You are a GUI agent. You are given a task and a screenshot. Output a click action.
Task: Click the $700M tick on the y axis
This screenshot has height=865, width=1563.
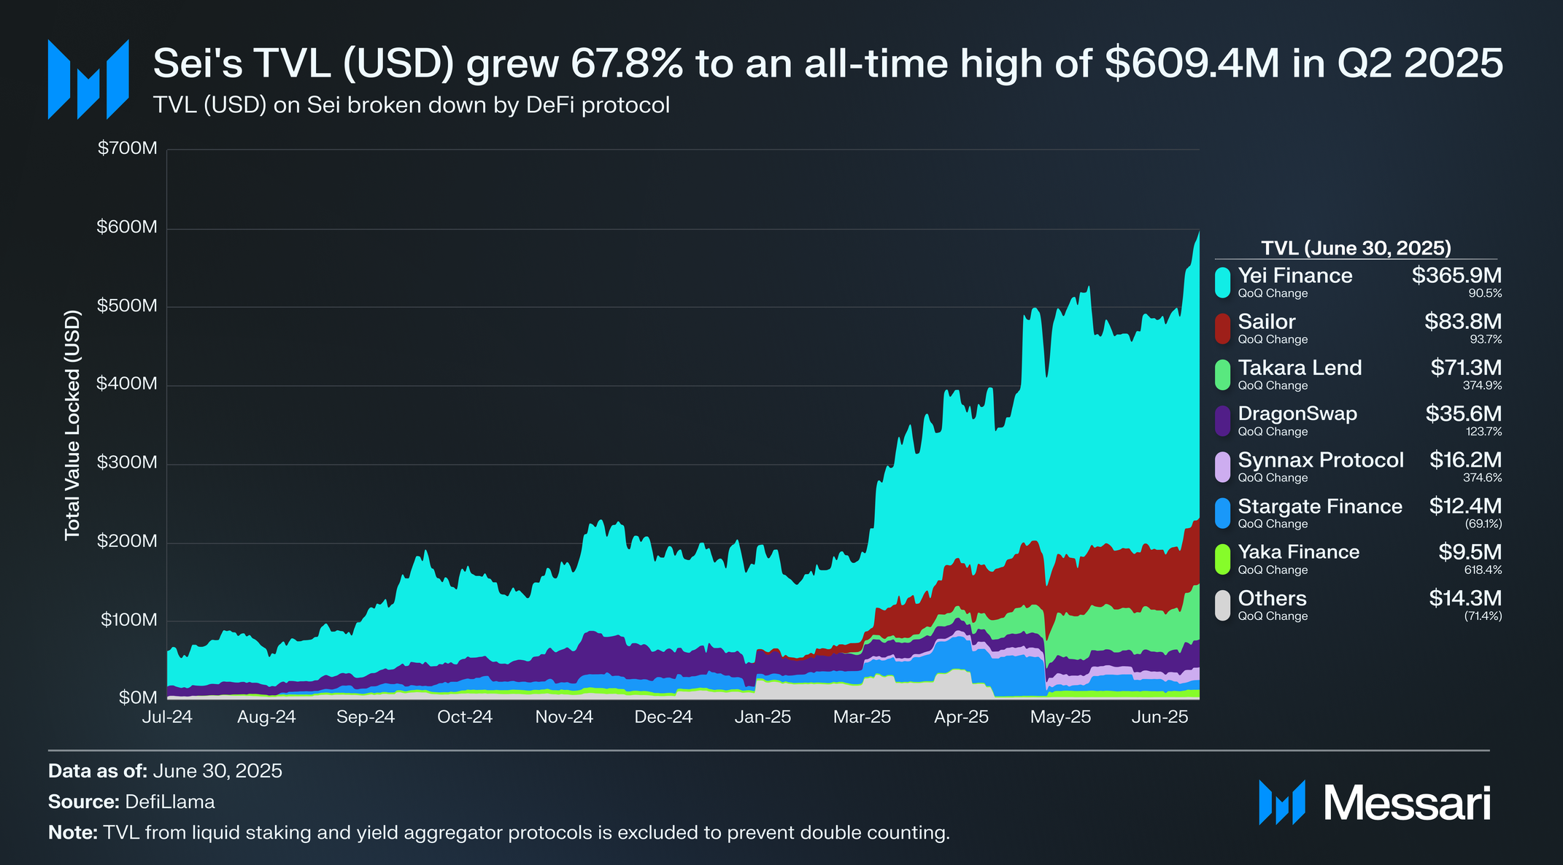(x=127, y=149)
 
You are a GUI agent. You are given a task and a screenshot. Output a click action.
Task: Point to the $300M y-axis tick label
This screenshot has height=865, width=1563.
(x=127, y=462)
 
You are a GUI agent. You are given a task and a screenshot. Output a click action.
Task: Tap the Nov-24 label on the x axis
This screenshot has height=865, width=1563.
(x=564, y=717)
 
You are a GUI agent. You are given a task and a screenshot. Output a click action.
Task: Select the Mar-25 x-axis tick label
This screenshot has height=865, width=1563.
(x=862, y=717)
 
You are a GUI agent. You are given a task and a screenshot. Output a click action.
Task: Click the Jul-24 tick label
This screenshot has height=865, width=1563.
(x=167, y=717)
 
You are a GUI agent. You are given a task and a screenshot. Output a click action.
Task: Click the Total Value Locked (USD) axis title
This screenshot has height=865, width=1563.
(x=72, y=425)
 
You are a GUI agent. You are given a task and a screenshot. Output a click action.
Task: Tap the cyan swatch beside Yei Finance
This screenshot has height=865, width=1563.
(x=1222, y=282)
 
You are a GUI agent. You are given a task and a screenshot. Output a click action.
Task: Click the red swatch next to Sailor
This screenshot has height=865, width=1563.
(x=1222, y=328)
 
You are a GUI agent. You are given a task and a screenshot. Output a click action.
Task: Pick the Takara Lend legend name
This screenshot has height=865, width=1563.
(x=1300, y=368)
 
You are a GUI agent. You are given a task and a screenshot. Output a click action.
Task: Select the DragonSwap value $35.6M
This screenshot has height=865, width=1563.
(x=1463, y=414)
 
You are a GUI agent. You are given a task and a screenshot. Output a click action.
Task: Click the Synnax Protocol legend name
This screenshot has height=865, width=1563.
(x=1321, y=460)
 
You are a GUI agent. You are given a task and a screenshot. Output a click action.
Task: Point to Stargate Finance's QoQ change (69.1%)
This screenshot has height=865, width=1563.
(x=1483, y=524)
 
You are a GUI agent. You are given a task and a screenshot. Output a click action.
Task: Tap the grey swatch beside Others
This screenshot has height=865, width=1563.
(x=1222, y=605)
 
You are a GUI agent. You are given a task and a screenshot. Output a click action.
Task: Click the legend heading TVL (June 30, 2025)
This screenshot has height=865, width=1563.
(x=1356, y=248)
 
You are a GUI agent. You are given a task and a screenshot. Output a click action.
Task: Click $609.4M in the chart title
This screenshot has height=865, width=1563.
(x=1192, y=63)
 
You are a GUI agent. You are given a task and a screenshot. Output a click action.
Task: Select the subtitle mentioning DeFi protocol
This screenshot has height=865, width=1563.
(x=412, y=105)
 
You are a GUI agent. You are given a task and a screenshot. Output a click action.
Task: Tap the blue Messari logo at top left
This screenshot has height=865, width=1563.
(x=88, y=79)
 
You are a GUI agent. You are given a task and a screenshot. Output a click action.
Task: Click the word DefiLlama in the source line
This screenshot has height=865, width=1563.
(x=170, y=802)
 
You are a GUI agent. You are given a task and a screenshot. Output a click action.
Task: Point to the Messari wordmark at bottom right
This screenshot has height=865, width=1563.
(x=1407, y=803)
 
